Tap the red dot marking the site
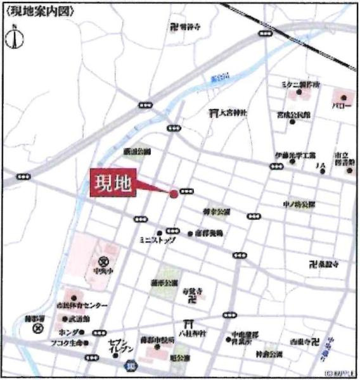174,193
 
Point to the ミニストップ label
151,241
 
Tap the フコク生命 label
63,343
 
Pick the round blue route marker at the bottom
131,365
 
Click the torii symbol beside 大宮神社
214,112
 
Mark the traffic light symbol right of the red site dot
187,191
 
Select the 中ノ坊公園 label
299,205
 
